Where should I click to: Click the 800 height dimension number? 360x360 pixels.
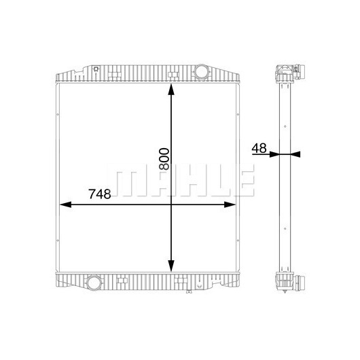(164, 159)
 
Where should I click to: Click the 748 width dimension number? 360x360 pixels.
(100, 194)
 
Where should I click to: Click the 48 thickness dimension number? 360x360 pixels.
(259, 148)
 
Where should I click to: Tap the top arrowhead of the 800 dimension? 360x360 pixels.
(171, 89)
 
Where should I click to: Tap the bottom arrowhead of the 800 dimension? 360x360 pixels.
(171, 266)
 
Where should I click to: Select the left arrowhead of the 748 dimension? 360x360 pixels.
(66, 204)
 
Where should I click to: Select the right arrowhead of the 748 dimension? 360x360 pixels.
(230, 204)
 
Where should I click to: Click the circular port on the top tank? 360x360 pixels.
(201, 71)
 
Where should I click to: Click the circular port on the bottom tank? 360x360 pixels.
(93, 282)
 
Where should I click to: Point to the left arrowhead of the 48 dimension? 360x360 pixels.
(274, 154)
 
